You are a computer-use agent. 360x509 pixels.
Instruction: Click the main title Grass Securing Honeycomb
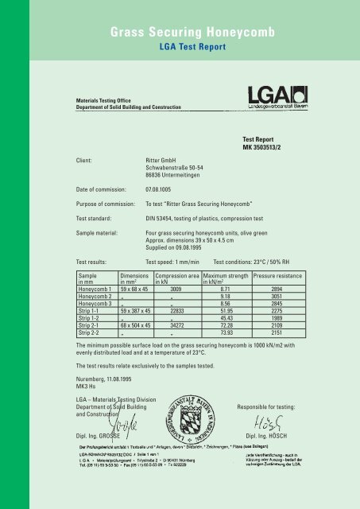pos(180,33)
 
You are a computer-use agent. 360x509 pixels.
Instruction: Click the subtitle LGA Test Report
pos(180,48)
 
